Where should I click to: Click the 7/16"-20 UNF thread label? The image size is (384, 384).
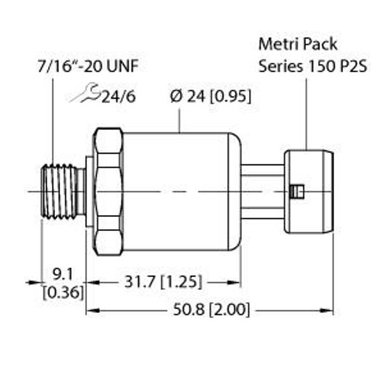click(x=86, y=66)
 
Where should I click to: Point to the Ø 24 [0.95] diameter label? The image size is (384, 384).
click(x=210, y=96)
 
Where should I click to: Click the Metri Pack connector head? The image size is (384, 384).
click(x=308, y=191)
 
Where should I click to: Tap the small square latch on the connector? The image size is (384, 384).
click(x=294, y=191)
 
